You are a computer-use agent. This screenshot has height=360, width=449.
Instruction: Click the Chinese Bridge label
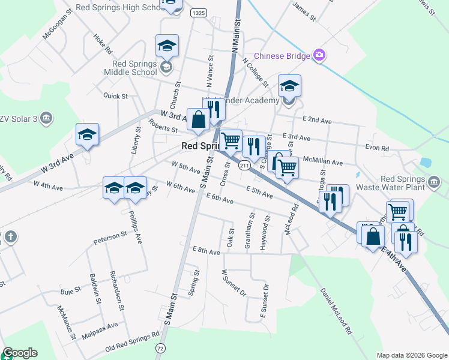click(282, 56)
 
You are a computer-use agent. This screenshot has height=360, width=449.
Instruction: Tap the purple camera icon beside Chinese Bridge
click(319, 56)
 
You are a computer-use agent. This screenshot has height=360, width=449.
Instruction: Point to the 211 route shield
click(244, 165)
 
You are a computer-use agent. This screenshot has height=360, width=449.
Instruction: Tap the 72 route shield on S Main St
click(160, 347)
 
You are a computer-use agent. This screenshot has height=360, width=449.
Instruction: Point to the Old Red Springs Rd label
click(132, 341)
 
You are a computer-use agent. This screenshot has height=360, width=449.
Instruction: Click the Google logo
click(20, 353)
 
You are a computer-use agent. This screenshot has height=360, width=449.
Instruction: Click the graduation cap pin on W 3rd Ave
click(87, 134)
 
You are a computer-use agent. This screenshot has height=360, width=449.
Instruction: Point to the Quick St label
click(116, 95)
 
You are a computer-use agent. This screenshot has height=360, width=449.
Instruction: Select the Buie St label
click(70, 290)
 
